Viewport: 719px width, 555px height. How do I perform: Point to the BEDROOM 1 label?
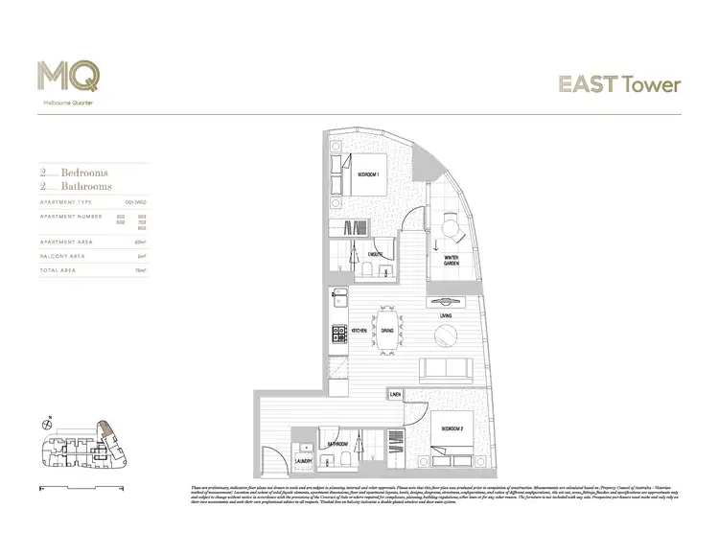368,175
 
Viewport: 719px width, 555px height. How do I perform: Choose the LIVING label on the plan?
446,314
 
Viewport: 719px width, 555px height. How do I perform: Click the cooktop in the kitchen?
338,334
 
